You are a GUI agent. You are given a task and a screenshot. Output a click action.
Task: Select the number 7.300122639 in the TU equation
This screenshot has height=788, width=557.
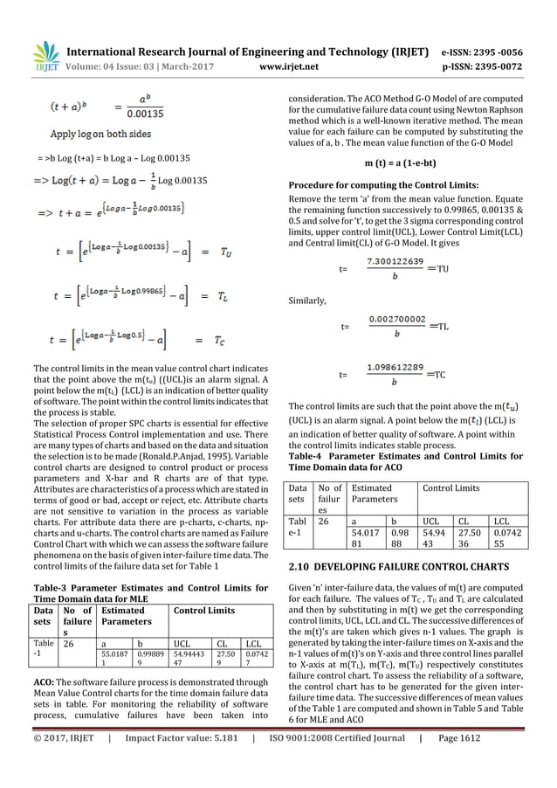pyautogui.click(x=396, y=260)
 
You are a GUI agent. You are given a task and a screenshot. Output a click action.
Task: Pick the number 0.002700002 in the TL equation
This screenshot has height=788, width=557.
pyautogui.click(x=396, y=320)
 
